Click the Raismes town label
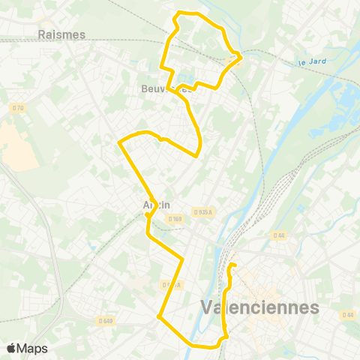[x=61, y=34]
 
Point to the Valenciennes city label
[x=260, y=307]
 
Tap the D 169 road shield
[x=175, y=219]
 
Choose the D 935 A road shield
[x=202, y=211]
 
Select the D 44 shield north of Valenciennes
[x=279, y=235]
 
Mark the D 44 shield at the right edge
[x=346, y=314]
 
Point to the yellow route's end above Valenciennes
[x=232, y=265]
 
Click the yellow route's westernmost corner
[x=119, y=142]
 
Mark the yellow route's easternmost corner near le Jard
[x=241, y=55]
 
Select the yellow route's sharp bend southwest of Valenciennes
[x=159, y=316]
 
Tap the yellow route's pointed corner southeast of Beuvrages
[x=197, y=156]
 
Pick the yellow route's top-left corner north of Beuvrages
[x=175, y=16]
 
